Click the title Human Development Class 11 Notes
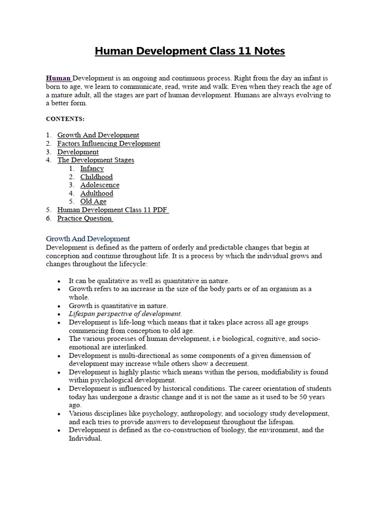click(190, 51)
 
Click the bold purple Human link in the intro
click(58, 78)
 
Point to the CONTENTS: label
click(65, 119)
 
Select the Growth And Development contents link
click(98, 135)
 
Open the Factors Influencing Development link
click(108, 143)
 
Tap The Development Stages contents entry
click(95, 160)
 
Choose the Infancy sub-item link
click(92, 169)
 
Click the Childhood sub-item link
click(96, 177)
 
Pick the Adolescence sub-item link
click(99, 185)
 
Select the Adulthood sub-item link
click(96, 193)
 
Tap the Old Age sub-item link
click(93, 202)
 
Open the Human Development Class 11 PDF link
click(112, 210)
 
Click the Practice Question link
click(84, 218)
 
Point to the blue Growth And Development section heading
click(88, 239)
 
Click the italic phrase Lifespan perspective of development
click(125, 314)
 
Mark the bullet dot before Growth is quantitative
click(59, 306)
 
